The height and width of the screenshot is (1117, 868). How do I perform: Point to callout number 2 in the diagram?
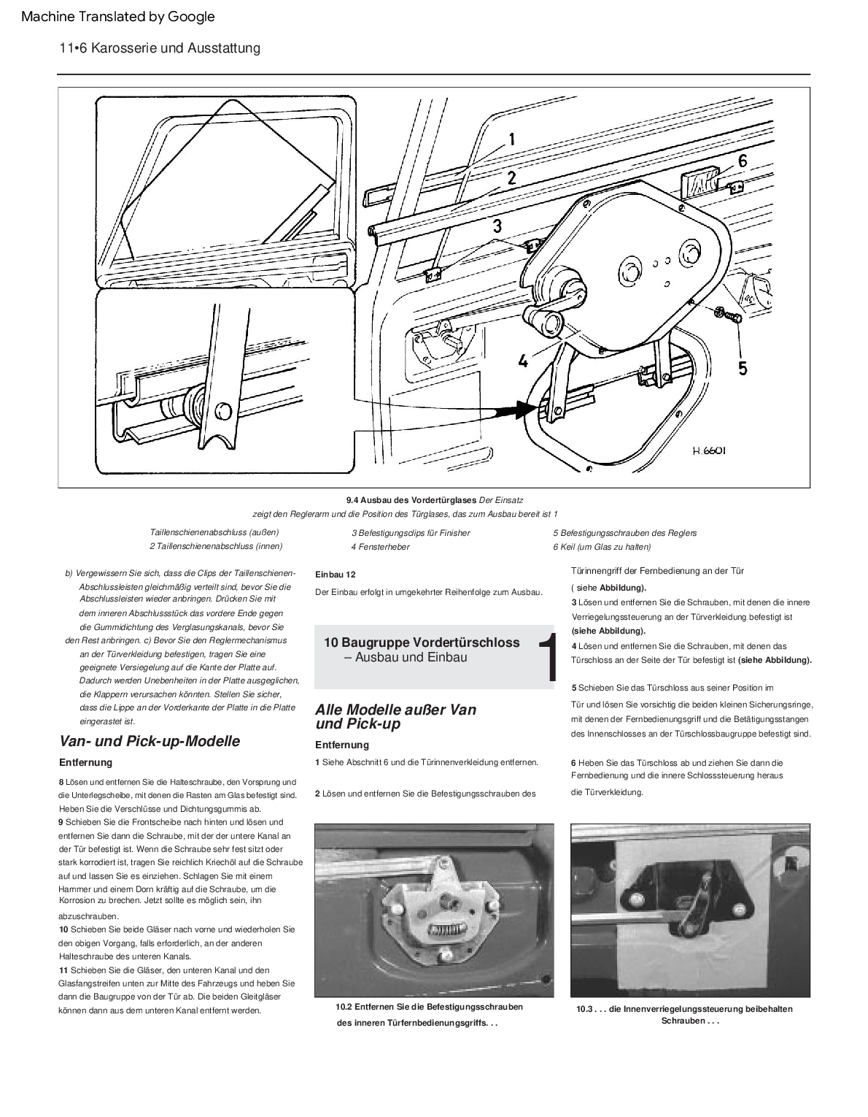[511, 177]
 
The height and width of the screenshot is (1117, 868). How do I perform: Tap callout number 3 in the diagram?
[497, 226]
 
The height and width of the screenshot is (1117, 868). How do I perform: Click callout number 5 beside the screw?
[742, 367]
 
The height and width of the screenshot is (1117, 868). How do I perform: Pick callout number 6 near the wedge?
[742, 161]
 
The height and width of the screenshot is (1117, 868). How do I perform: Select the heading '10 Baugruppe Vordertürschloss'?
[422, 642]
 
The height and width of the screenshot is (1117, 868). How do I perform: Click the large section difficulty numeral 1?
[547, 659]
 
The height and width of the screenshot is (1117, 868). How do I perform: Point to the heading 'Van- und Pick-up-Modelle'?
[150, 741]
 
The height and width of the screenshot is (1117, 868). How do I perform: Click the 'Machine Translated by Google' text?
[118, 16]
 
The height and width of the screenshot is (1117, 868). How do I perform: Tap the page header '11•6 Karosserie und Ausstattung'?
[160, 48]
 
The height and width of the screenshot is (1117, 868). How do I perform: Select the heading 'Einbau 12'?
[335, 575]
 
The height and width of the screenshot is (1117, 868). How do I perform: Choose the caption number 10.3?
[586, 1009]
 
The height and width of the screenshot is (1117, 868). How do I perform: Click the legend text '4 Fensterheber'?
[380, 547]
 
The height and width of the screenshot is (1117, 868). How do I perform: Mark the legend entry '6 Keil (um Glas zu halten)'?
[601, 547]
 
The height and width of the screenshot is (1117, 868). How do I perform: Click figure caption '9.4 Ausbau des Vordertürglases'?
[411, 499]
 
